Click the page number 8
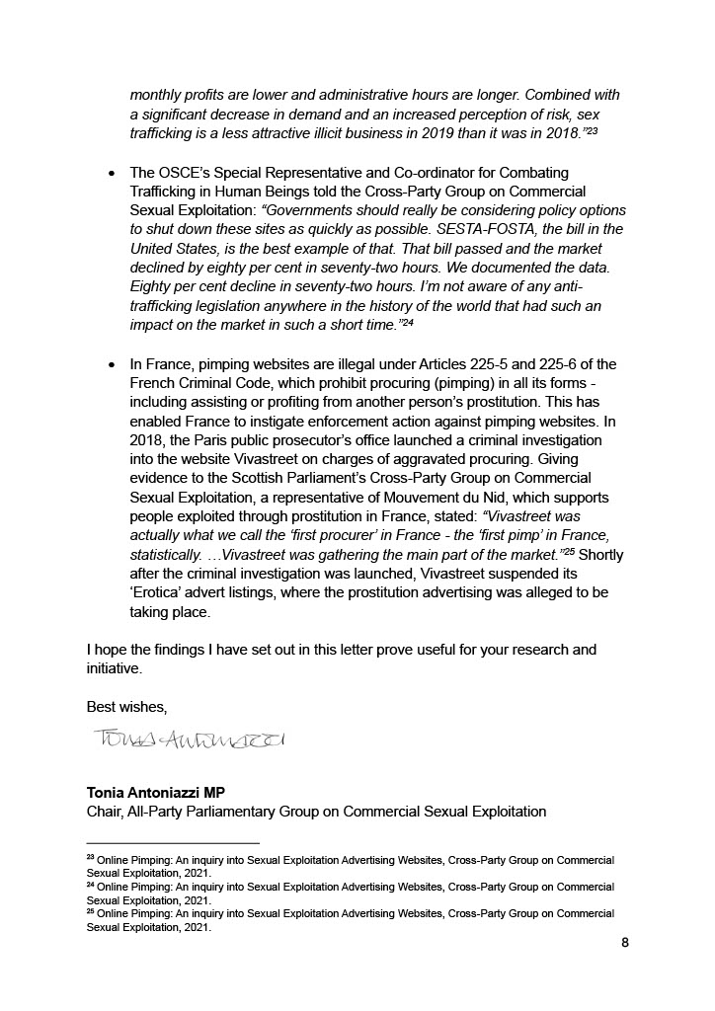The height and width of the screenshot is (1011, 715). coord(625,943)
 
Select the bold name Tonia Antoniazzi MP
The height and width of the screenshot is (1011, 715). coord(156,793)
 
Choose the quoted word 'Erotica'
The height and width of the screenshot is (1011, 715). coord(158,592)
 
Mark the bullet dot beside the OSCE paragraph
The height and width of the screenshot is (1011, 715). coord(113,174)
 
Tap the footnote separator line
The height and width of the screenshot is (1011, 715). coord(173,843)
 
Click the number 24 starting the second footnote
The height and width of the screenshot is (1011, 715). coord(91,886)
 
